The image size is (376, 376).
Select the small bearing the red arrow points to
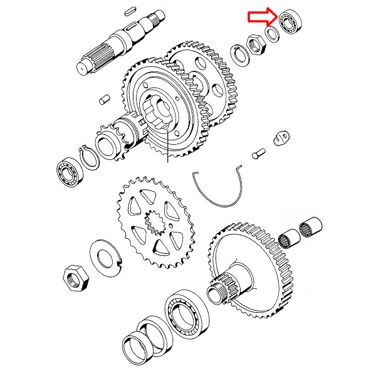290,24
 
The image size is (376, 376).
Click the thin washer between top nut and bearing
272,35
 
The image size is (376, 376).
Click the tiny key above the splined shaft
130,10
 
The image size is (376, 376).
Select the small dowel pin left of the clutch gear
105,99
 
